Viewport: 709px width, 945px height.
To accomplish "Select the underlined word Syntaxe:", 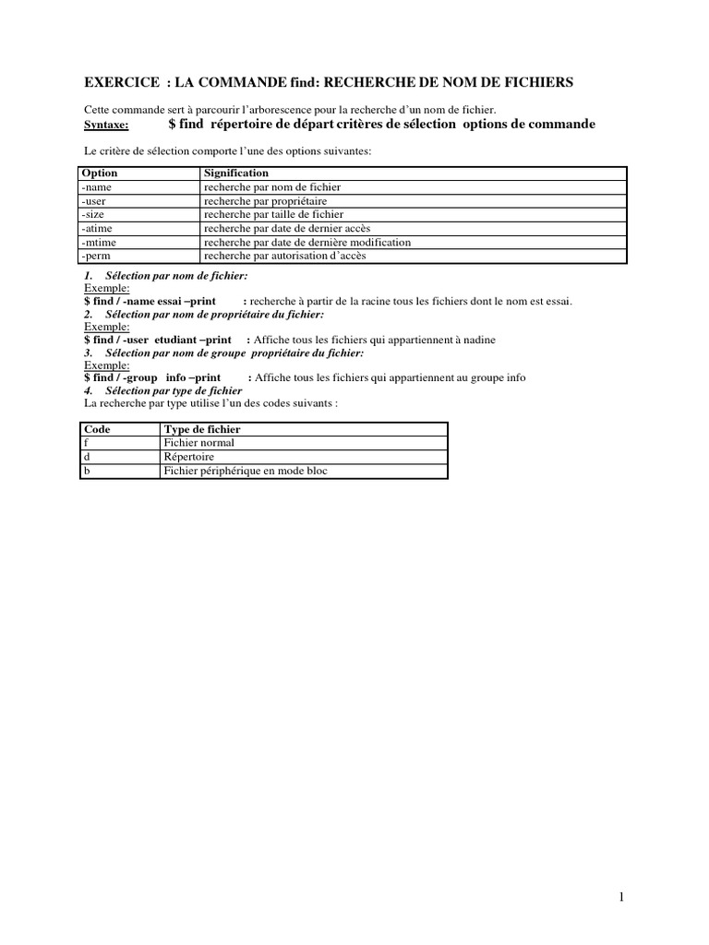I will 107,125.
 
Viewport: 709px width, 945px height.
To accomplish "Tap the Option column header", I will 100,173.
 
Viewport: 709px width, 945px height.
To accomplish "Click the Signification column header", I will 236,173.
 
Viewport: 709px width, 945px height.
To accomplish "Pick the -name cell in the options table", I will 97,187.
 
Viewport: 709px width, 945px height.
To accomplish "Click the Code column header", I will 97,430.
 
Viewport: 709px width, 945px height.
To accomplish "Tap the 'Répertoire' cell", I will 188,457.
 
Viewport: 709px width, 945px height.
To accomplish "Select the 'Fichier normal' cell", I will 198,444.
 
